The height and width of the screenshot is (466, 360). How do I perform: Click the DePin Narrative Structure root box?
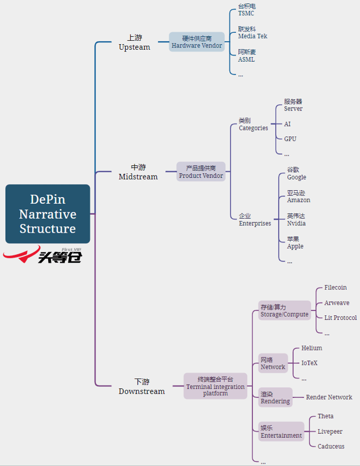point(48,213)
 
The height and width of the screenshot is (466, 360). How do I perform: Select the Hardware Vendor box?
point(197,42)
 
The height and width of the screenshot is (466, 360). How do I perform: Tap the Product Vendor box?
point(201,172)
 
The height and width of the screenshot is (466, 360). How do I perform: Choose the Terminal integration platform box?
point(215,386)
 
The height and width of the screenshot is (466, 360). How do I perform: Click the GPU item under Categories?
point(290,139)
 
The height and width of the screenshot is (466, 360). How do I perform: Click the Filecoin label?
point(335,288)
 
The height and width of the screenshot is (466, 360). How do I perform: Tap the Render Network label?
point(329,397)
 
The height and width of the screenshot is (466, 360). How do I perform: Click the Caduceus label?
point(331,446)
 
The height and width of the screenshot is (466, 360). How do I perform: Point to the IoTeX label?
point(309,363)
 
